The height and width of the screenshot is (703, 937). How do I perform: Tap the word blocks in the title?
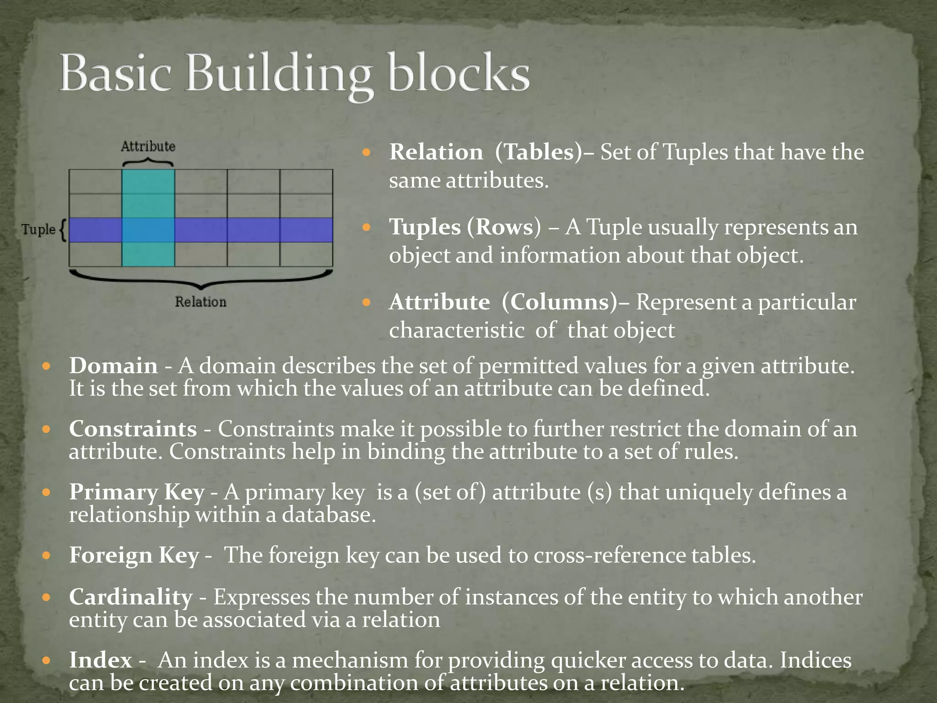click(x=458, y=73)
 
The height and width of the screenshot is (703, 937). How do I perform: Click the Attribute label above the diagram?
click(x=148, y=146)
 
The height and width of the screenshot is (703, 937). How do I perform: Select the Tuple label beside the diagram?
click(x=38, y=229)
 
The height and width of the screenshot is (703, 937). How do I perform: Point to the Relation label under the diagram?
click(x=200, y=302)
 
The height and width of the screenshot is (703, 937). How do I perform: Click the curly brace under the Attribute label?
click(x=148, y=162)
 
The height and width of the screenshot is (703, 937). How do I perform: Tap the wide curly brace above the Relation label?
click(x=201, y=279)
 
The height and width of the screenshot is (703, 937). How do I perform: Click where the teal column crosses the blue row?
click(x=148, y=230)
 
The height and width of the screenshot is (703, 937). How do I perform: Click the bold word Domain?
click(x=113, y=366)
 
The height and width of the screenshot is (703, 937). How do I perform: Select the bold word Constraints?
click(x=133, y=429)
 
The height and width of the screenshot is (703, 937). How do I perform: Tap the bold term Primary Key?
click(x=136, y=492)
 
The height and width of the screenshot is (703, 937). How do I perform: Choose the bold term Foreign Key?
click(x=134, y=555)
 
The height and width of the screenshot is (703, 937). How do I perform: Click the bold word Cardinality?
click(x=131, y=597)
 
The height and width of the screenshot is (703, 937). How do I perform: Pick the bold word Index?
click(x=101, y=660)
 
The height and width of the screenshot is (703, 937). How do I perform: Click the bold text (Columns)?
click(x=559, y=302)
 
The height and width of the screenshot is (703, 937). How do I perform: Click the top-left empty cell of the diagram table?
click(x=95, y=182)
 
